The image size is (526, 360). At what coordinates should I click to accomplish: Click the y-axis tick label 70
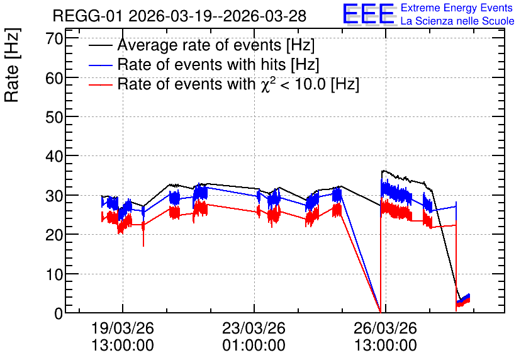[54, 39]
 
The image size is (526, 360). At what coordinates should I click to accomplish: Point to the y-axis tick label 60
[54, 78]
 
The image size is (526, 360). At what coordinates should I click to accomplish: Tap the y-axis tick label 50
[54, 118]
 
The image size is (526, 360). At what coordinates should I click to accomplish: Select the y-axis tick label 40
[54, 156]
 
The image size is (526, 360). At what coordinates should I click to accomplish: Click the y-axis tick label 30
[54, 196]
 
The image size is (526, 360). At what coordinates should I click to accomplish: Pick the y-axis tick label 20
[54, 235]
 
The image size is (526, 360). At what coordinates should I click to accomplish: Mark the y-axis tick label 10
[54, 274]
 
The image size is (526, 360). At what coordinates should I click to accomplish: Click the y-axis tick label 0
[59, 313]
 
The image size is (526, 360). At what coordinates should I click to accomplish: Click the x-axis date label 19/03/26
[123, 328]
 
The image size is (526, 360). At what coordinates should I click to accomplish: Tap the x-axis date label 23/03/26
[254, 328]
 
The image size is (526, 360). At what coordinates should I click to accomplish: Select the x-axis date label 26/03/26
[386, 328]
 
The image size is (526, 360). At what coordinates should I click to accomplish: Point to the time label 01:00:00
[254, 346]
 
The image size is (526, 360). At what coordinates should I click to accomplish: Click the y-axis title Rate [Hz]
[12, 65]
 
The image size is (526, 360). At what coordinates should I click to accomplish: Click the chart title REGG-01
[88, 16]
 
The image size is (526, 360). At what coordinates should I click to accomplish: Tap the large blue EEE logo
[369, 14]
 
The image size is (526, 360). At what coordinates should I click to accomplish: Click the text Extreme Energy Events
[457, 8]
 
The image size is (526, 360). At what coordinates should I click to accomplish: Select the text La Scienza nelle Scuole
[457, 21]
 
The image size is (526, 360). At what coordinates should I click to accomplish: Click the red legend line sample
[100, 84]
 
